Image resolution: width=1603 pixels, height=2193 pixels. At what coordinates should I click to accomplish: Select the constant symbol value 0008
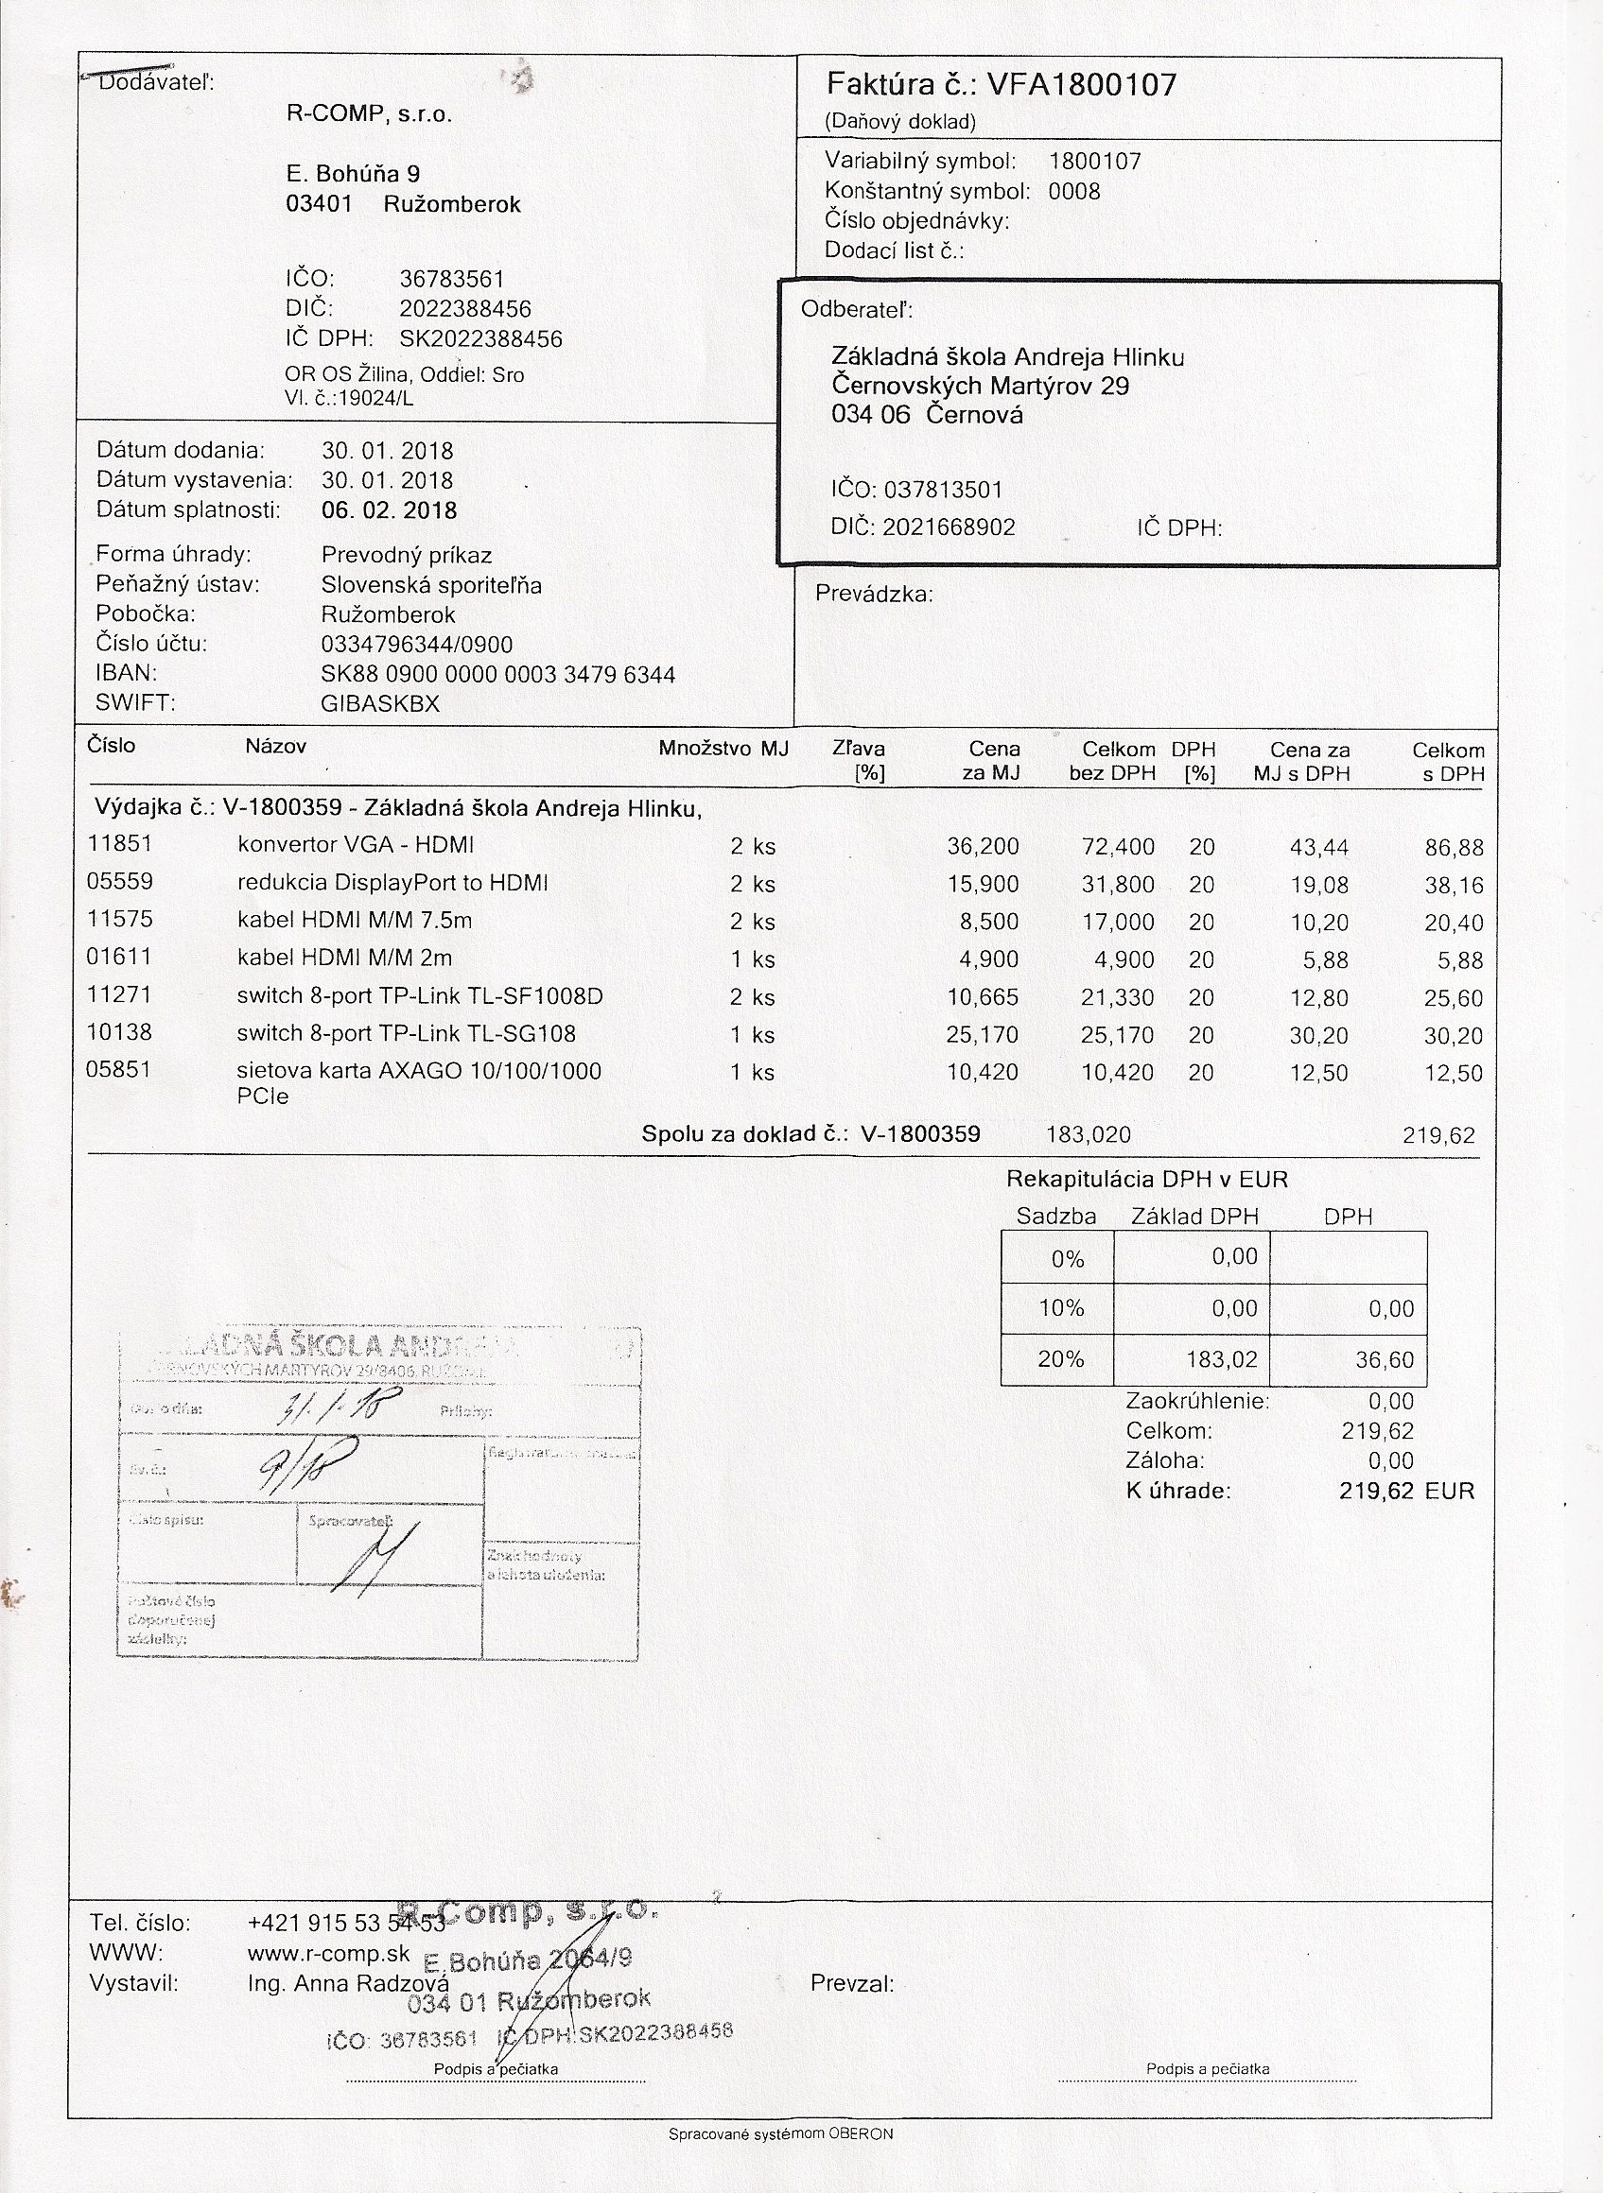(x=1074, y=191)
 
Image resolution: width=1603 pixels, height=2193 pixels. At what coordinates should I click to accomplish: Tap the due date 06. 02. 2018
(x=388, y=510)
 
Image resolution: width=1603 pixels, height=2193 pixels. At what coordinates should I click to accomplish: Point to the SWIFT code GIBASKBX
(x=379, y=704)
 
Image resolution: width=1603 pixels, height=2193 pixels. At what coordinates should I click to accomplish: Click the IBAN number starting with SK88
(x=497, y=674)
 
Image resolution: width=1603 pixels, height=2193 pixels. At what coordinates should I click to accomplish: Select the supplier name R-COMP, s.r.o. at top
(x=369, y=114)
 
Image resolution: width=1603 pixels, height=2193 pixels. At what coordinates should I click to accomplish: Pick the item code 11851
(x=119, y=844)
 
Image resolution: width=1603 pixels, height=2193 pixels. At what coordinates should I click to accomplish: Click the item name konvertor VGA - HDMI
(x=356, y=845)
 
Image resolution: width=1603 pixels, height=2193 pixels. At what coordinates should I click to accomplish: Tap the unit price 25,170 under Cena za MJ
(x=982, y=1035)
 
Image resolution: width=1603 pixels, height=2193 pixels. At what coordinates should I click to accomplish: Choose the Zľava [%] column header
(x=859, y=760)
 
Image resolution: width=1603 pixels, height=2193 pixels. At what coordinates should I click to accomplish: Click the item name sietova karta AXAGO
(x=418, y=1072)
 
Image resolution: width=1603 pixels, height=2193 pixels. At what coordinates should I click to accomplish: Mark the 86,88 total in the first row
(x=1454, y=848)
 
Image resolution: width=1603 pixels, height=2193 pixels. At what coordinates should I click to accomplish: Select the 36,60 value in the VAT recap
(x=1385, y=1360)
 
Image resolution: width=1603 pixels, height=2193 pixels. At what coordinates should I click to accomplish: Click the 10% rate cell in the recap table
(x=1060, y=1308)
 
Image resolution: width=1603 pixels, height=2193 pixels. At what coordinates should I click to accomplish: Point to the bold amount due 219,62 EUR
(x=1405, y=1491)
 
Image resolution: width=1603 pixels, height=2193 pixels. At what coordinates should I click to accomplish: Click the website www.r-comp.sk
(x=329, y=1954)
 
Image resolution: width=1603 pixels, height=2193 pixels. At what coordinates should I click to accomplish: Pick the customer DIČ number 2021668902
(x=948, y=527)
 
